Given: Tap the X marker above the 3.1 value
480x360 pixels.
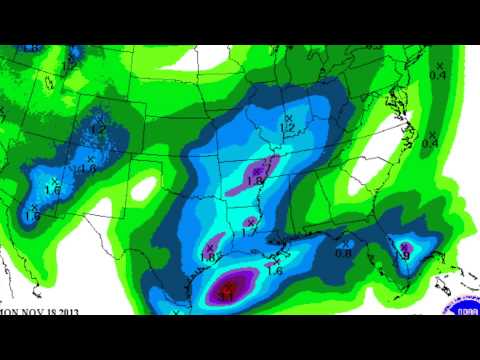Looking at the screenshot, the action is (x=229, y=287).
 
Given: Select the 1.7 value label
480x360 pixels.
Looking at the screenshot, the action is (x=248, y=231).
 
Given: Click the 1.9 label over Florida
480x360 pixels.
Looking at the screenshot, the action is (x=403, y=256).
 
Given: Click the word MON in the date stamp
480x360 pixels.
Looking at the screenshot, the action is (x=8, y=312).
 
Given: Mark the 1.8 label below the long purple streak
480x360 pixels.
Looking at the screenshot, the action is (x=255, y=181).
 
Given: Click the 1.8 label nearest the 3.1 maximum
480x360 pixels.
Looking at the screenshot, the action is (x=210, y=257).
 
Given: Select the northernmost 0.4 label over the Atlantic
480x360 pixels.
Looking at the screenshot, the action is (x=438, y=74).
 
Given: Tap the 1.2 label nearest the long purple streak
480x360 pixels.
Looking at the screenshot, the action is (x=288, y=128).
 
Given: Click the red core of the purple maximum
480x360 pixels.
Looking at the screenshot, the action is (x=230, y=291).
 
